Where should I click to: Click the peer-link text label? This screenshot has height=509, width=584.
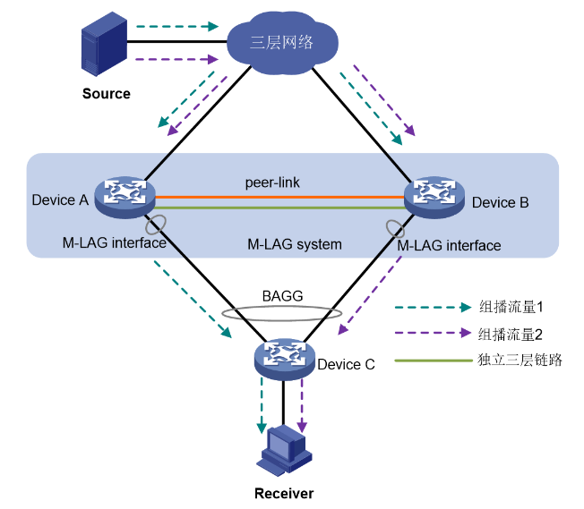(x=272, y=182)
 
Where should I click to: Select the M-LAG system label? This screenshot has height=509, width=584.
(x=295, y=243)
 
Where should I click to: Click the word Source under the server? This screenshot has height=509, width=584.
(x=106, y=93)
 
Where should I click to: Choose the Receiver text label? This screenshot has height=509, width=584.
(x=284, y=493)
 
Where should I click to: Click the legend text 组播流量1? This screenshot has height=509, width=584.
(x=510, y=307)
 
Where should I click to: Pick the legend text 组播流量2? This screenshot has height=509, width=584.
(x=510, y=335)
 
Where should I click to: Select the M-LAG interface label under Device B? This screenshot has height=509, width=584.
(x=449, y=244)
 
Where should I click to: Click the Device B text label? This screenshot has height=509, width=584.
(x=500, y=203)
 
